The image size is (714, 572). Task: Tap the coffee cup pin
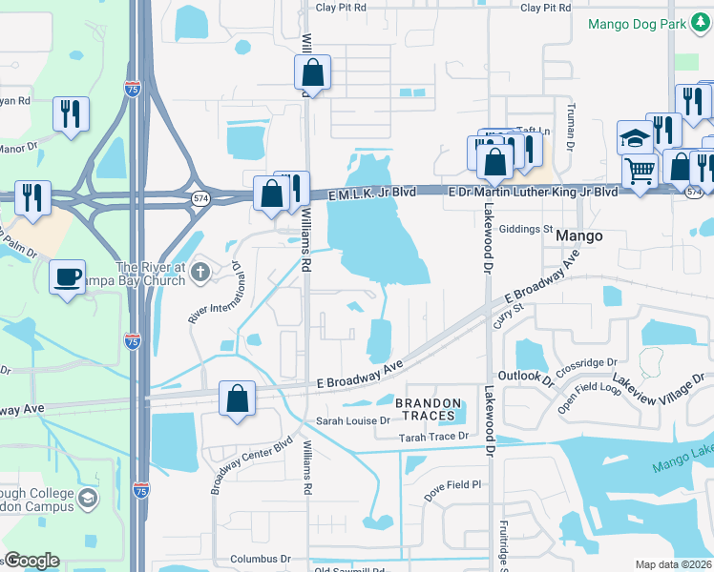point(67,277)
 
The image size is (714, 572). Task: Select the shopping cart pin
point(640,173)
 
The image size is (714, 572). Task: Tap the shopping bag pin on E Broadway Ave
point(237,399)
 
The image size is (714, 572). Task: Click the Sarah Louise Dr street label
point(352,420)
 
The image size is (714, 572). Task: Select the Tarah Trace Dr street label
point(434,436)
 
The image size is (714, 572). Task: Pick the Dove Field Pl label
point(452,484)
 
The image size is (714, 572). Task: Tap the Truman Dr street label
point(571,126)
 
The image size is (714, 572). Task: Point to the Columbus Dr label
point(261,559)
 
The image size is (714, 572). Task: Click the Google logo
point(31,561)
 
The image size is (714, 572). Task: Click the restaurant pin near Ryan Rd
point(71,114)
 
